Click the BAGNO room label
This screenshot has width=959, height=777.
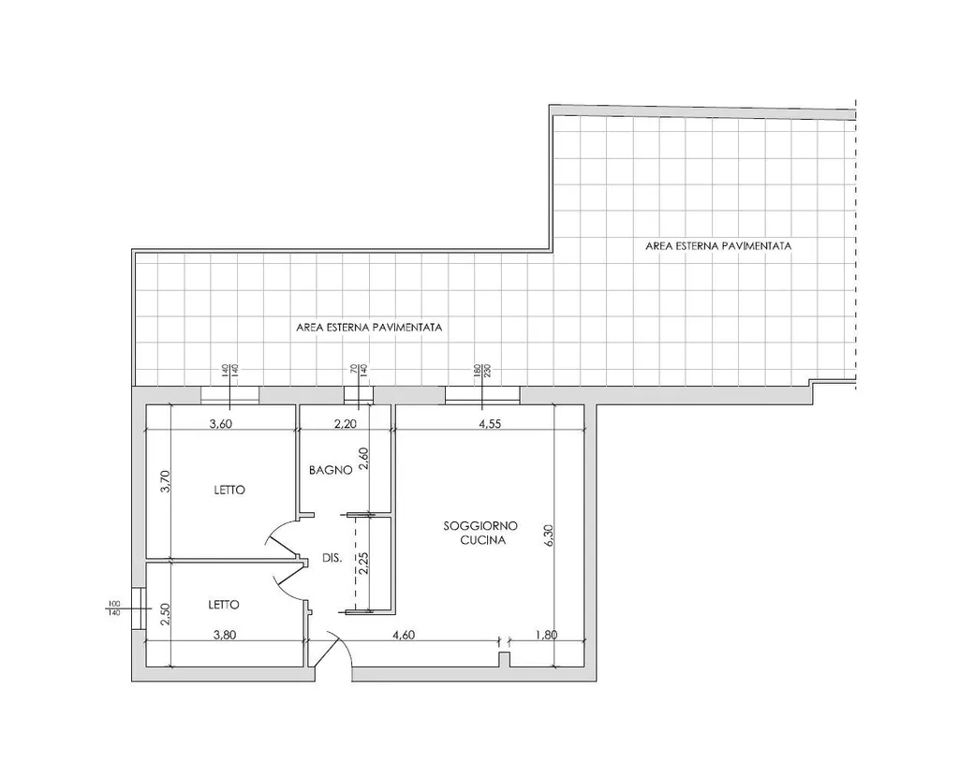pyautogui.click(x=331, y=470)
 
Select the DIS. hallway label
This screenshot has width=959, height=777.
pyautogui.click(x=332, y=558)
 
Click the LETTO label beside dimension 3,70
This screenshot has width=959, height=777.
pyautogui.click(x=229, y=491)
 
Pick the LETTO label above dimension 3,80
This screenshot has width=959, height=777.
pyautogui.click(x=224, y=605)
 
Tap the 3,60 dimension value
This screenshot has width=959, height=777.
pyautogui.click(x=220, y=424)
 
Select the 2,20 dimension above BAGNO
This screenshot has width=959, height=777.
pyautogui.click(x=346, y=424)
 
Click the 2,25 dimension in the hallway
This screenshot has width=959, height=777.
pyautogui.click(x=364, y=563)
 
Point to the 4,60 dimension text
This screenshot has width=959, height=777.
pyautogui.click(x=404, y=635)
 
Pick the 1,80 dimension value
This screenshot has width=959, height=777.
pyautogui.click(x=546, y=635)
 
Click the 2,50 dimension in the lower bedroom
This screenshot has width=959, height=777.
pyautogui.click(x=164, y=614)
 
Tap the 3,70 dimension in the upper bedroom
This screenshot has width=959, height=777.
pyautogui.click(x=164, y=481)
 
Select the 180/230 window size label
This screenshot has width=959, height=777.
pyautogui.click(x=483, y=371)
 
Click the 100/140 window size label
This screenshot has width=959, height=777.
pyautogui.click(x=113, y=608)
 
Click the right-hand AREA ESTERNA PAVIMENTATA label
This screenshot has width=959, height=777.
pyautogui.click(x=718, y=246)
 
